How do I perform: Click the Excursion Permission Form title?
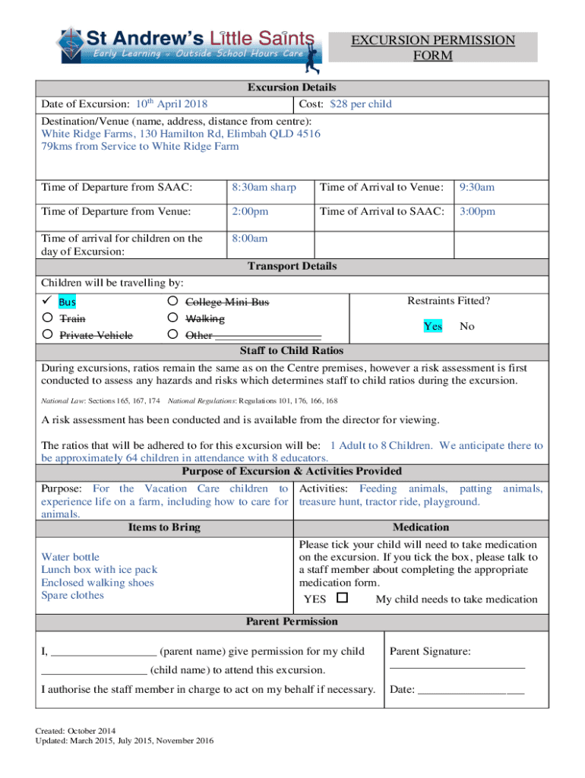pyautogui.click(x=432, y=47)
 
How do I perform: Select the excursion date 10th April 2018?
pyautogui.click(x=172, y=104)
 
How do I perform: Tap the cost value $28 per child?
pyautogui.click(x=361, y=104)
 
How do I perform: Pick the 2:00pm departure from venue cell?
pyautogui.click(x=250, y=211)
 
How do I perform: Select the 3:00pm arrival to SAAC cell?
pyautogui.click(x=477, y=211)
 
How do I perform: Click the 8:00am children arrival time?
pyautogui.click(x=250, y=238)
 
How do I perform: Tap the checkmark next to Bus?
pyautogui.click(x=47, y=302)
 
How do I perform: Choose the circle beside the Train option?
pyautogui.click(x=47, y=318)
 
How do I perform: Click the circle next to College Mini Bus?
pyautogui.click(x=172, y=302)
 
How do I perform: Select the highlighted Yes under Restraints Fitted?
pyautogui.click(x=433, y=326)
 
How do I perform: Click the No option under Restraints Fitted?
pyautogui.click(x=467, y=326)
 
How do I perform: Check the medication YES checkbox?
pyautogui.click(x=342, y=598)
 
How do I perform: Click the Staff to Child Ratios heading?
pyautogui.click(x=292, y=350)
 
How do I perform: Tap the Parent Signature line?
pyautogui.click(x=457, y=666)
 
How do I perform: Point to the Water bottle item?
pyautogui.click(x=70, y=557)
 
